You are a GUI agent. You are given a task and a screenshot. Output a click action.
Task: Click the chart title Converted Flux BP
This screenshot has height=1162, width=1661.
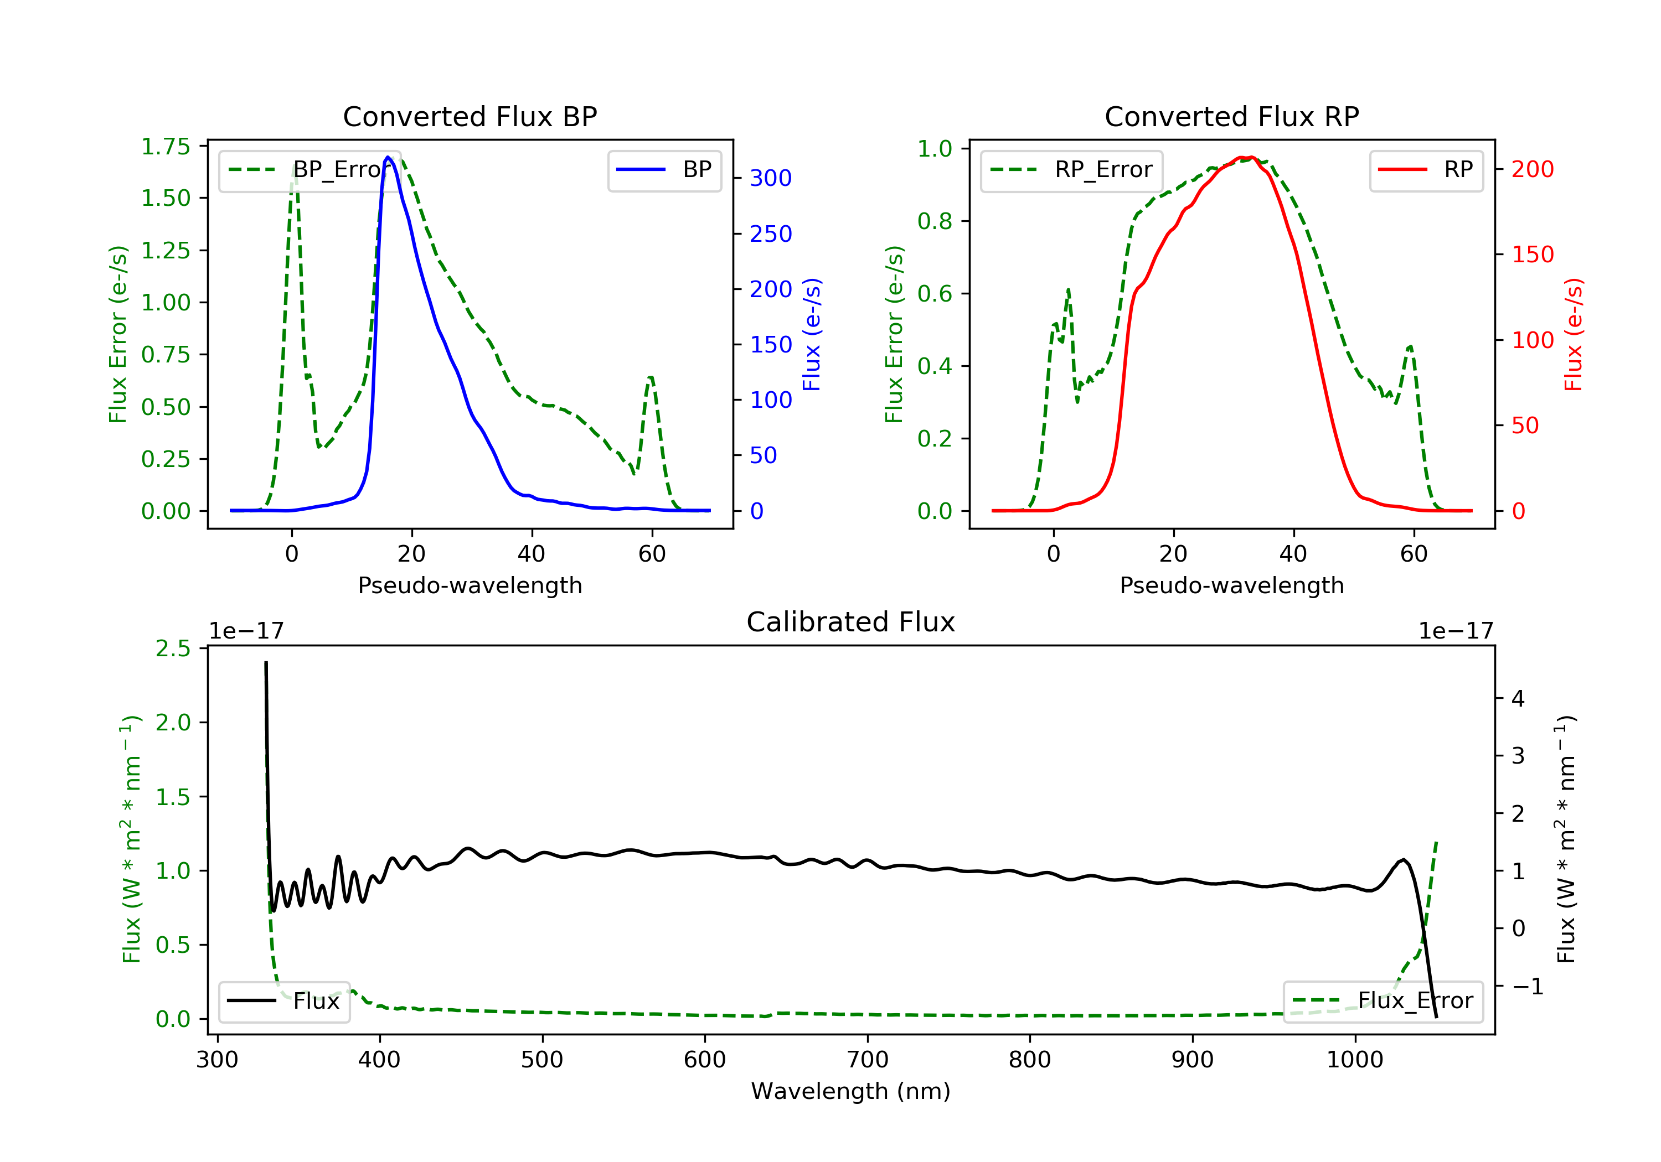pyautogui.click(x=470, y=116)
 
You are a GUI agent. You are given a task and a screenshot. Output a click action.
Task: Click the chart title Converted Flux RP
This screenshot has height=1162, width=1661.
pyautogui.click(x=1231, y=116)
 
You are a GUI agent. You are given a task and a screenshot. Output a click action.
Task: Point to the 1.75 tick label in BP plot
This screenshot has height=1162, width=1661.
pyautogui.click(x=166, y=147)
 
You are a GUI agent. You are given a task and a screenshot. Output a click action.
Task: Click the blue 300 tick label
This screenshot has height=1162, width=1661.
pyautogui.click(x=771, y=178)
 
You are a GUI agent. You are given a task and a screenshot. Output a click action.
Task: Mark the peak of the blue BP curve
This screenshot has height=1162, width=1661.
pyautogui.click(x=389, y=157)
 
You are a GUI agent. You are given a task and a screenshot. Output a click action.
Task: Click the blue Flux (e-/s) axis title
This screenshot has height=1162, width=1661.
pyautogui.click(x=812, y=334)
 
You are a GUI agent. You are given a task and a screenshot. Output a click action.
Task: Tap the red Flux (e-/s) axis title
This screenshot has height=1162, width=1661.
pyautogui.click(x=1574, y=334)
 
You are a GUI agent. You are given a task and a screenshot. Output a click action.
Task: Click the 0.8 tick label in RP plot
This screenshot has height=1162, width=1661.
pyautogui.click(x=935, y=221)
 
